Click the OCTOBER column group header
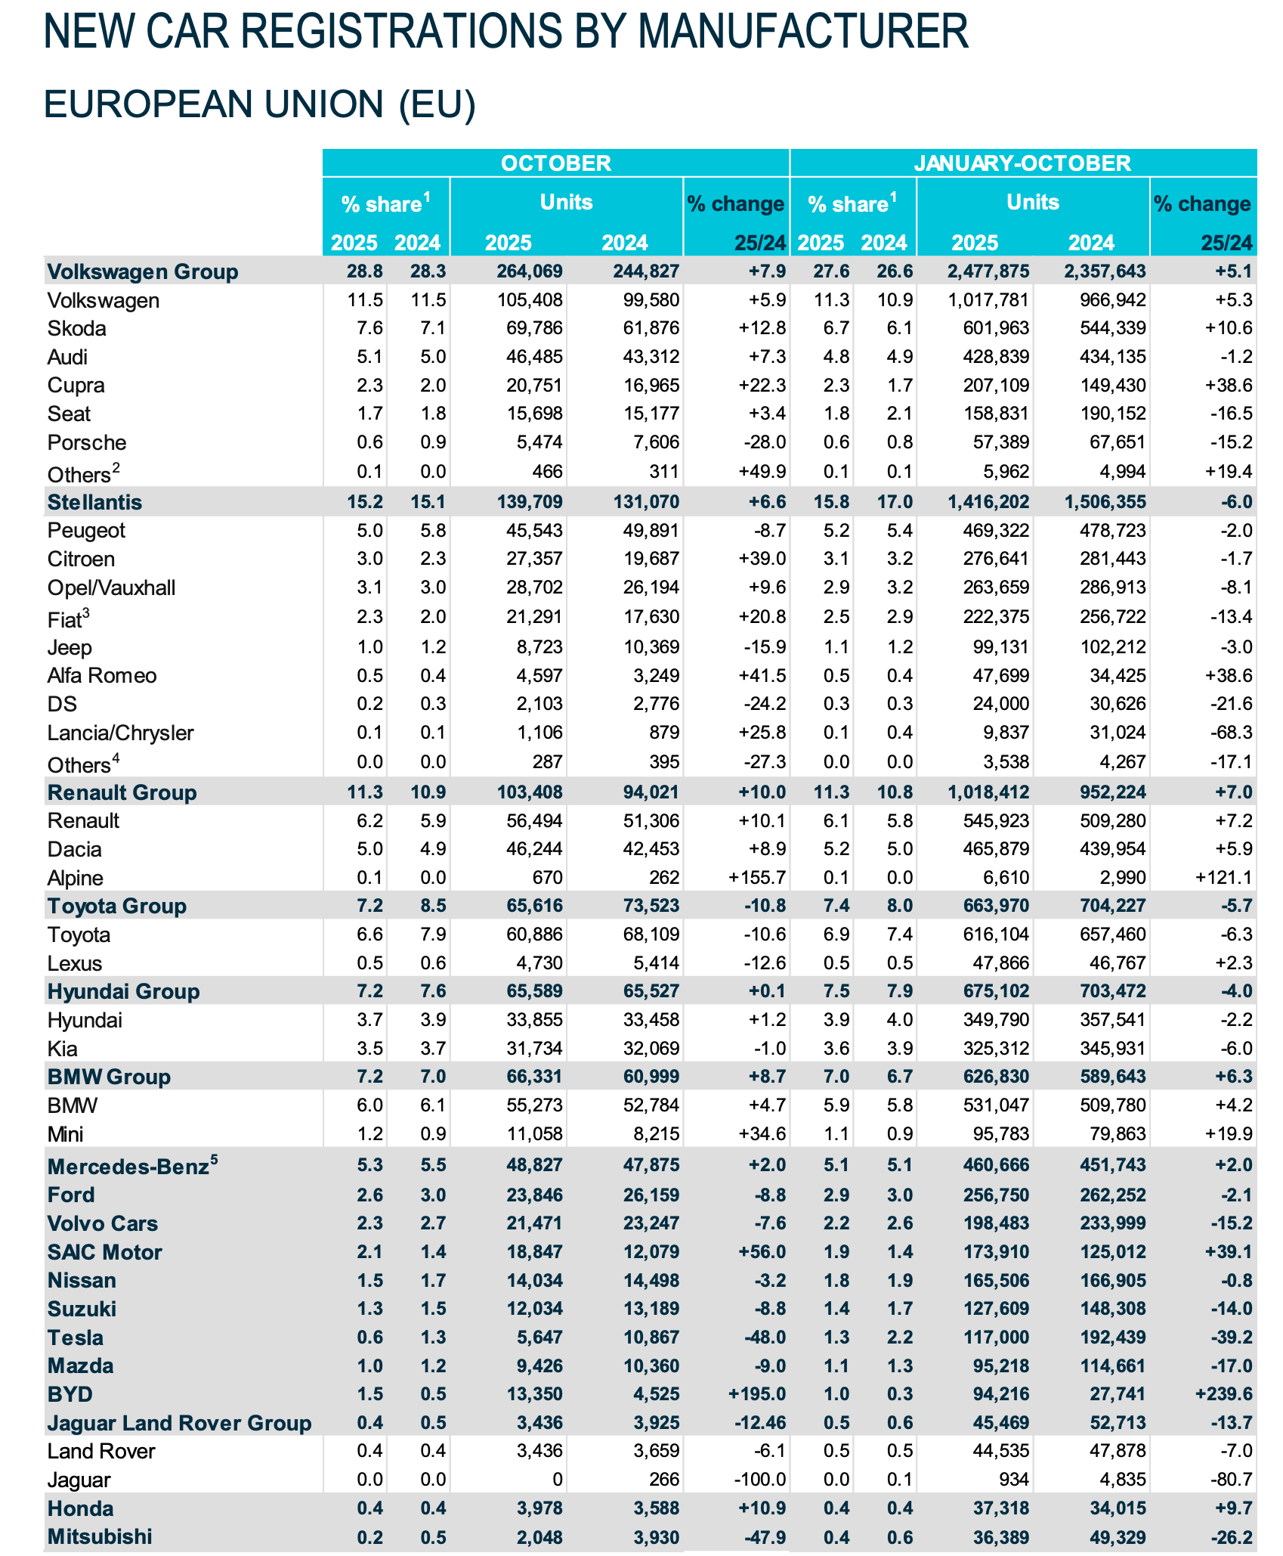[555, 163]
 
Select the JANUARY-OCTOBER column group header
[1022, 163]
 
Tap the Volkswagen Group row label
[142, 271]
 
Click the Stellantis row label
[94, 502]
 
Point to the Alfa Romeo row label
[102, 675]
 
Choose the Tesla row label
[75, 1337]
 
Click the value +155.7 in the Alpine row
[757, 878]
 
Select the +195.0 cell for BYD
[759, 1394]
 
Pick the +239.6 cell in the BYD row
[1224, 1394]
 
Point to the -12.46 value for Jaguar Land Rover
[760, 1423]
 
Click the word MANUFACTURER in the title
[802, 32]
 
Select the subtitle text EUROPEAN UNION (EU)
[259, 104]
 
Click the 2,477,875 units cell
[988, 271]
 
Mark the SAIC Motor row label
[104, 1252]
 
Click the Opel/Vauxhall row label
[111, 587]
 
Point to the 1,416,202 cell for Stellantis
[988, 502]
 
